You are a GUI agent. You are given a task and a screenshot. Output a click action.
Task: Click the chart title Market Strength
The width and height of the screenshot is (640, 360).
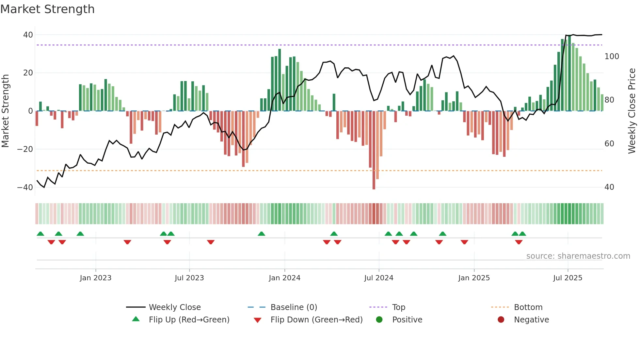coord(47,9)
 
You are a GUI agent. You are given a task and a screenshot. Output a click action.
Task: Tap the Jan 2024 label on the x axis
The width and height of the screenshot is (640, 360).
coord(284,278)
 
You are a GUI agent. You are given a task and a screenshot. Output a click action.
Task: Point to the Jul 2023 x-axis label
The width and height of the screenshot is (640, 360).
coord(189,278)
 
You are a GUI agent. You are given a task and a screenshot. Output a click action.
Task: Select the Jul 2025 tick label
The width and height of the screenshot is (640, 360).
coord(568,278)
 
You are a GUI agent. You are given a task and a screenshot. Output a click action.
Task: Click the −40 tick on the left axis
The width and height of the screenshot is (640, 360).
coord(25,188)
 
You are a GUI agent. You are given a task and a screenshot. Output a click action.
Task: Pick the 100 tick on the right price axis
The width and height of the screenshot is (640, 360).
coord(612,57)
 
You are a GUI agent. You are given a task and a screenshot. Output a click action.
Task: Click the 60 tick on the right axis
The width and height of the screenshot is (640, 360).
coord(609,144)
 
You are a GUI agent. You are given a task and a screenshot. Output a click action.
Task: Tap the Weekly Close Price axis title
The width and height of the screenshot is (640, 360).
coord(632,111)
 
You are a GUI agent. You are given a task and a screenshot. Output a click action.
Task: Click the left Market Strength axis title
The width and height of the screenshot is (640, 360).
coord(6,111)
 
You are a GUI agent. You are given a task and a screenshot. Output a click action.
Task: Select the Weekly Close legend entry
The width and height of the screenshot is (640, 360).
coord(174,307)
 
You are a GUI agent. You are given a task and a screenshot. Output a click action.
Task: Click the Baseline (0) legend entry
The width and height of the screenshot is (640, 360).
coord(294,307)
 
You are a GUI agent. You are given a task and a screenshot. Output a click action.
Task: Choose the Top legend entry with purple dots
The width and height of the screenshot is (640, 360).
coord(398,307)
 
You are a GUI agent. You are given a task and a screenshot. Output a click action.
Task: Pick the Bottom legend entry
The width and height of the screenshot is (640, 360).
coord(528,307)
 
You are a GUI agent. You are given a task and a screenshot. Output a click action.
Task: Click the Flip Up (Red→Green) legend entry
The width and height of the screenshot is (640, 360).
coord(189,320)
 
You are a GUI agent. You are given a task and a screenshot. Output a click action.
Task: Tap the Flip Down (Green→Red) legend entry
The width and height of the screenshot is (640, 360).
coord(316,320)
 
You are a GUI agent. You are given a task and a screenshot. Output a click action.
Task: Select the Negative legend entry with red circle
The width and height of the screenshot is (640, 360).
coord(531,320)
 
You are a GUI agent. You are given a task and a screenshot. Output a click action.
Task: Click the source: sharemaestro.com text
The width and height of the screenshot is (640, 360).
coord(578,256)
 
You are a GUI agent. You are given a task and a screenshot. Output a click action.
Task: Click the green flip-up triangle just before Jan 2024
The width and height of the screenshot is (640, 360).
coord(261,234)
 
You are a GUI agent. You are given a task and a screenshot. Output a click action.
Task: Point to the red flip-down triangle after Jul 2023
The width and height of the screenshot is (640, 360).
coord(211,242)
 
